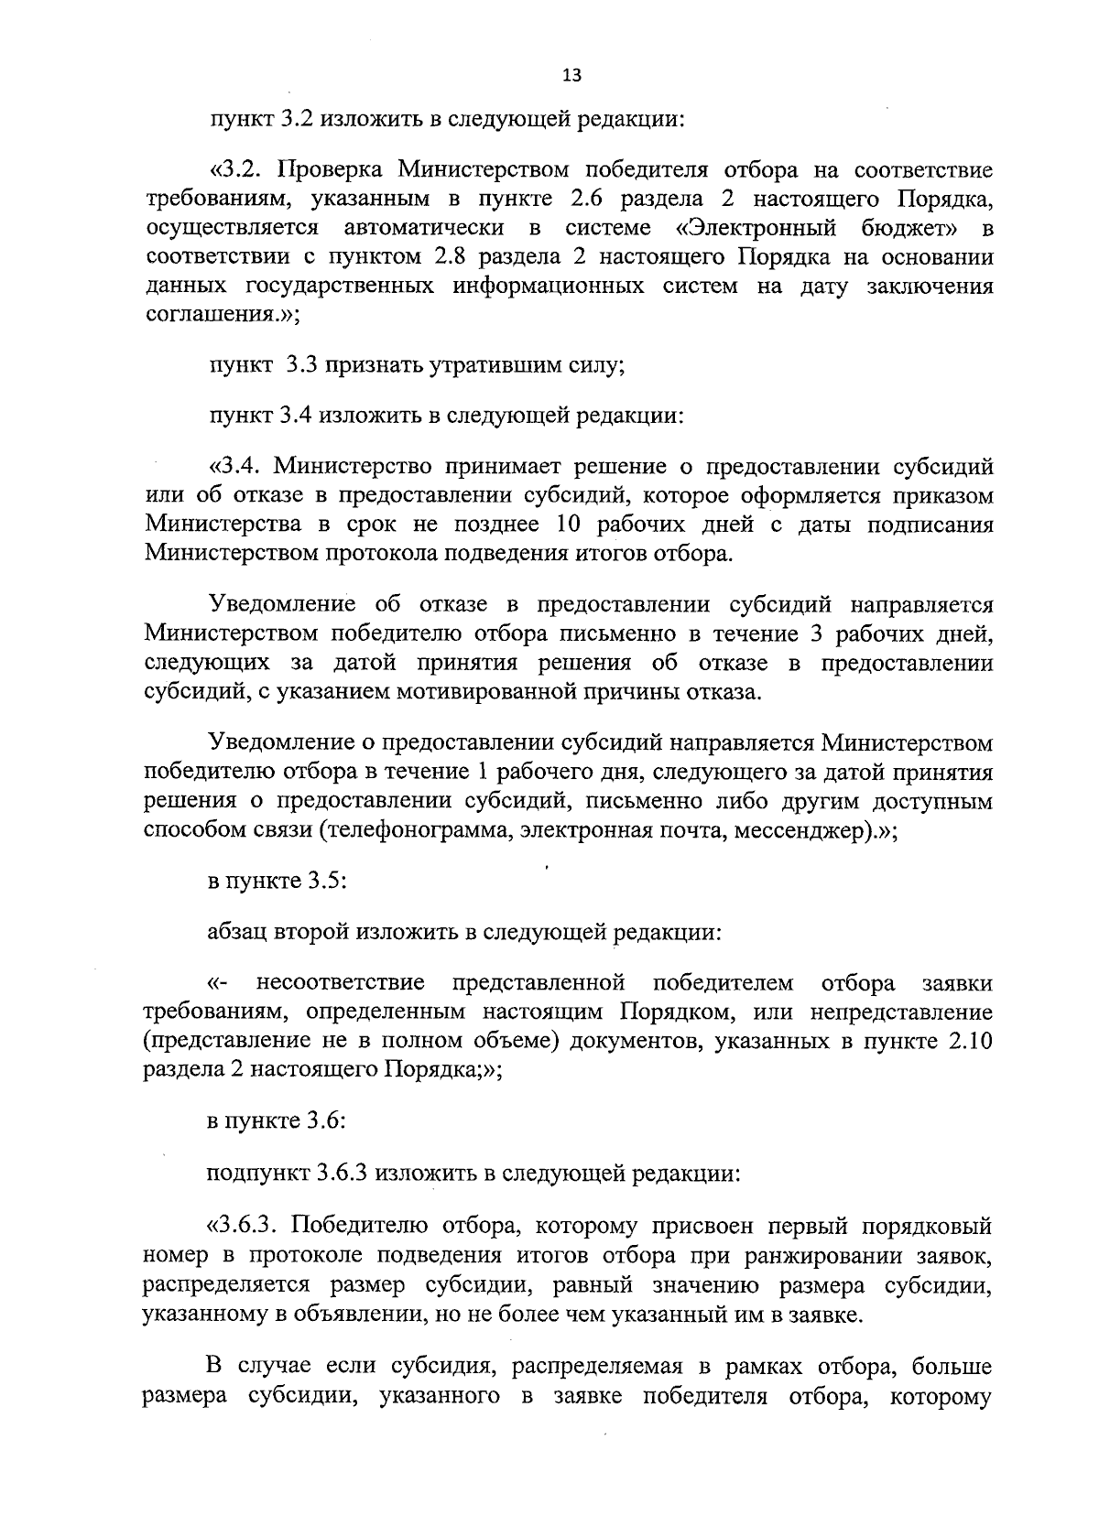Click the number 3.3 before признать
(300, 366)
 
